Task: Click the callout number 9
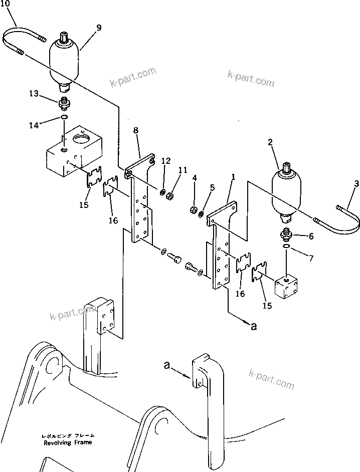(x=99, y=28)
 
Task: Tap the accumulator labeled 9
(x=65, y=63)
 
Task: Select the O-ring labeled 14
(x=63, y=118)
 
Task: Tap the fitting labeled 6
(x=285, y=234)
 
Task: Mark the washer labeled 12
(x=163, y=193)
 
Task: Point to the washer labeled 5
(x=201, y=214)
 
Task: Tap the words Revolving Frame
(x=68, y=443)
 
